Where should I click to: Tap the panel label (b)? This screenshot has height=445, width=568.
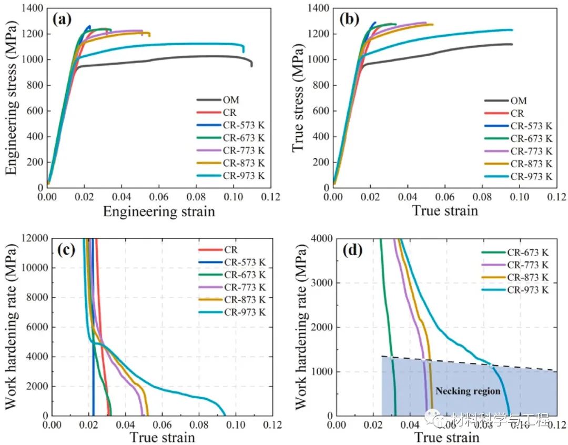pos(349,19)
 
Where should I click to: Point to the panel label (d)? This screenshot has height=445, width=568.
pos(352,250)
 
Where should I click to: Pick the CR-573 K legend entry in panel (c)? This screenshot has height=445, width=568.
pos(244,262)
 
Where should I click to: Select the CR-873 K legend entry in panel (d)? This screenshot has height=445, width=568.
pos(528,277)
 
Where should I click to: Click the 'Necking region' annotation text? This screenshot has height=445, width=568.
pos(468,391)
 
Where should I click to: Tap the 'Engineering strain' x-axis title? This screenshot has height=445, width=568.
pos(158,211)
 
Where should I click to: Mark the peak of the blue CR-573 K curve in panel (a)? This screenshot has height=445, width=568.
pos(89,26)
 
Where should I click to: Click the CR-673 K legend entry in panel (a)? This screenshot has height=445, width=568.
pos(244,138)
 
